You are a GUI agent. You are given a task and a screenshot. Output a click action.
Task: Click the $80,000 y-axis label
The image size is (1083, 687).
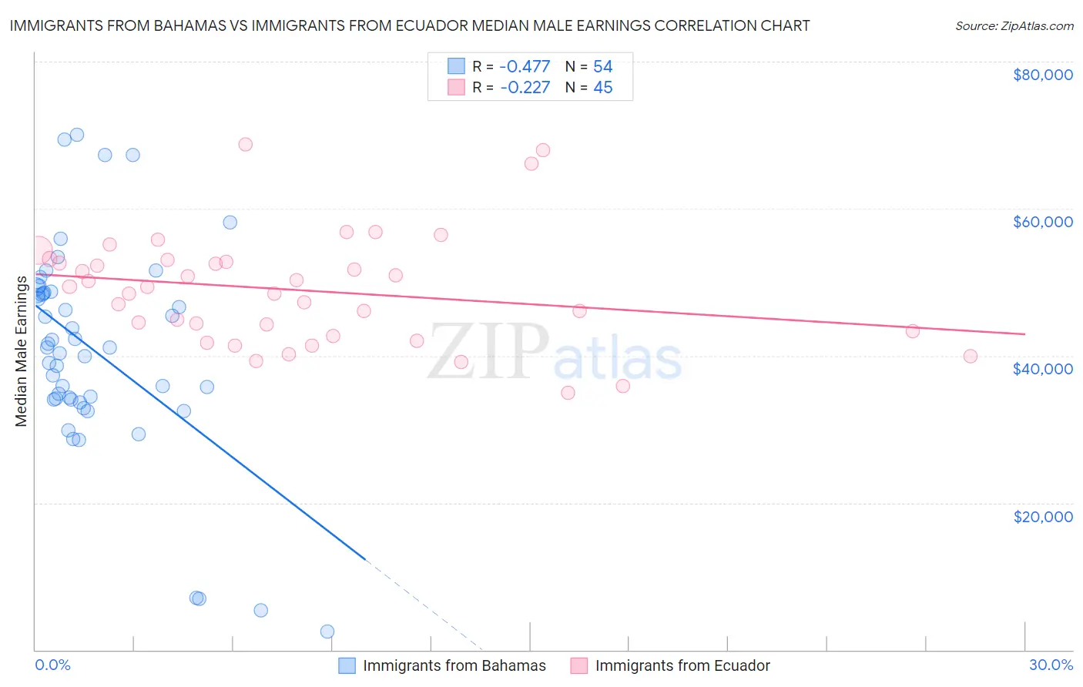pyautogui.click(x=1042, y=75)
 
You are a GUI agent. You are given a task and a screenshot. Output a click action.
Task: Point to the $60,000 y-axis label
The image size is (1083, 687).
pyautogui.click(x=1042, y=222)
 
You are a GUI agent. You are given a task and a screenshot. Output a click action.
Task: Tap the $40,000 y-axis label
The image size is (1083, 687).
pyautogui.click(x=1042, y=369)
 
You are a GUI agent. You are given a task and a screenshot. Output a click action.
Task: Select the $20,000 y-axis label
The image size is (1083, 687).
pyautogui.click(x=1042, y=516)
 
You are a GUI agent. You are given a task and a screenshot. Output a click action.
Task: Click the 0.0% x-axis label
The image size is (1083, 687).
pyautogui.click(x=52, y=665)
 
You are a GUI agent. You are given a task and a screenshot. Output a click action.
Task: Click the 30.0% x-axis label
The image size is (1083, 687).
pyautogui.click(x=1051, y=665)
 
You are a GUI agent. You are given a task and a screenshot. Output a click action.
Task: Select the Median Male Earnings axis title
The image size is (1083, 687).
pyautogui.click(x=22, y=350)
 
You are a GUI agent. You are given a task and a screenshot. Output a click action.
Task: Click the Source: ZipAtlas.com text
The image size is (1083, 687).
pyautogui.click(x=1014, y=25)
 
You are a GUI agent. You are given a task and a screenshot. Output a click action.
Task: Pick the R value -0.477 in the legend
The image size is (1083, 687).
pyautogui.click(x=525, y=67)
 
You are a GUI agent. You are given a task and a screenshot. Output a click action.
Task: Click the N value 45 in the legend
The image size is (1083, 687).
pyautogui.click(x=602, y=88)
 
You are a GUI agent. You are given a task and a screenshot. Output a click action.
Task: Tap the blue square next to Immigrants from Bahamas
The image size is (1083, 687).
pyautogui.click(x=347, y=665)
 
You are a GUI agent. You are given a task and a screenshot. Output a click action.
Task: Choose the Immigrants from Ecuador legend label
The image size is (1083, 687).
pyautogui.click(x=682, y=665)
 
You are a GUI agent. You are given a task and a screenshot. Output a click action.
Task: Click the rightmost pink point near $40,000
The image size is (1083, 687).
pyautogui.click(x=970, y=356)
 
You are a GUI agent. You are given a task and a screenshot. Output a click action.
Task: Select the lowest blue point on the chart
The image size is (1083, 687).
pyautogui.click(x=327, y=632)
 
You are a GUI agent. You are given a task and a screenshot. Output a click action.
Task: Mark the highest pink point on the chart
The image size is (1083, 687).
pyautogui.click(x=246, y=144)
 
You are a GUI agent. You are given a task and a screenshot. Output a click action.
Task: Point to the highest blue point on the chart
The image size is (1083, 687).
pyautogui.click(x=77, y=135)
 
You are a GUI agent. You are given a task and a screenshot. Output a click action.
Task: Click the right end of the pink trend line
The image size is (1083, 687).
pyautogui.click(x=1024, y=333)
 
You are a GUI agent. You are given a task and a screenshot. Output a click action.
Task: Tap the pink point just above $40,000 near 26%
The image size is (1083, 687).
pyautogui.click(x=913, y=331)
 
